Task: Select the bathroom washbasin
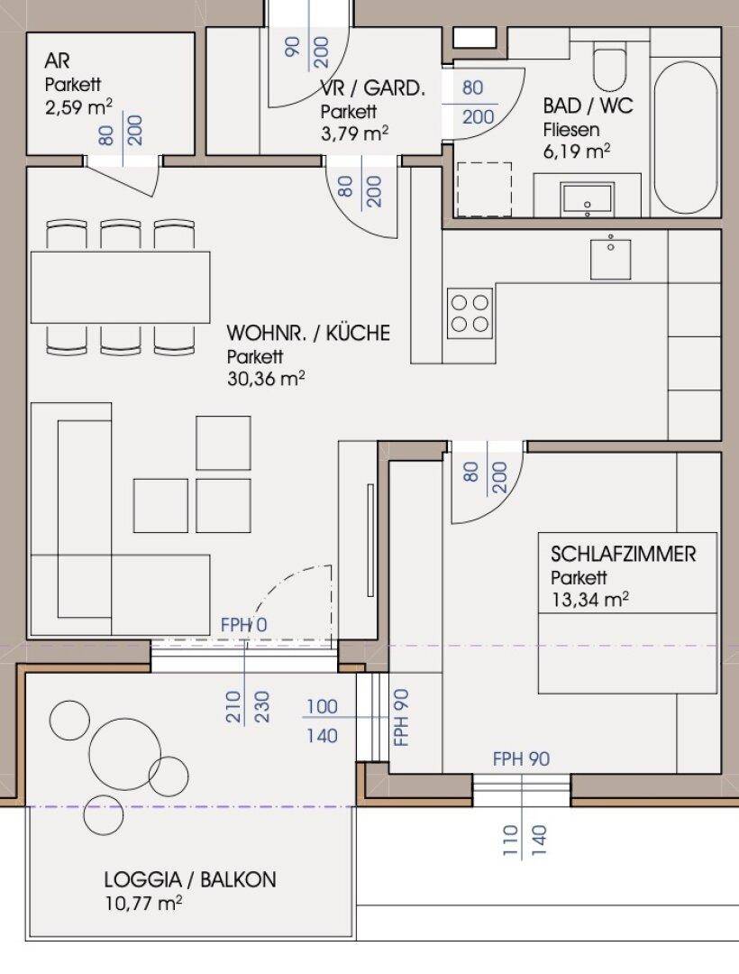point(587,198)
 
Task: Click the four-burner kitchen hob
point(470,313)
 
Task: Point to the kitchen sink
point(610,256)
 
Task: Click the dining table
point(121,287)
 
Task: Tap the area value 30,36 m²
point(266,378)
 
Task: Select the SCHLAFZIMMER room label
point(623,554)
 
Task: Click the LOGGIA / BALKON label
point(190,879)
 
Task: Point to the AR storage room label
point(57,61)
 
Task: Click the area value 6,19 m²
point(577,152)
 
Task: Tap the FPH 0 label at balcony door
point(244,625)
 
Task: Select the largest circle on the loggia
point(124,753)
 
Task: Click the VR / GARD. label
point(373,88)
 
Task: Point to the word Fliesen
point(571,130)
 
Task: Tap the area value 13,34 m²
point(589,600)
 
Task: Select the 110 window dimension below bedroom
point(511,841)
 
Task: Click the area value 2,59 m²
point(78,107)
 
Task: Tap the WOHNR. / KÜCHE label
point(308,333)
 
